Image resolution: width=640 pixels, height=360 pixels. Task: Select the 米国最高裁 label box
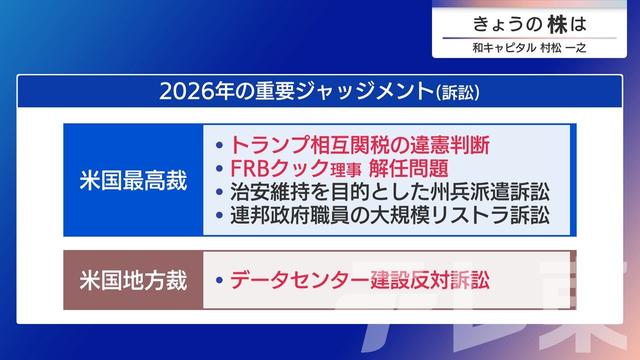coord(132,180)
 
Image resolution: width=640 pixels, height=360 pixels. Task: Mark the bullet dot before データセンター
coord(218,279)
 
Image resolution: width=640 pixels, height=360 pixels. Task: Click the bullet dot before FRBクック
coord(218,168)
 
